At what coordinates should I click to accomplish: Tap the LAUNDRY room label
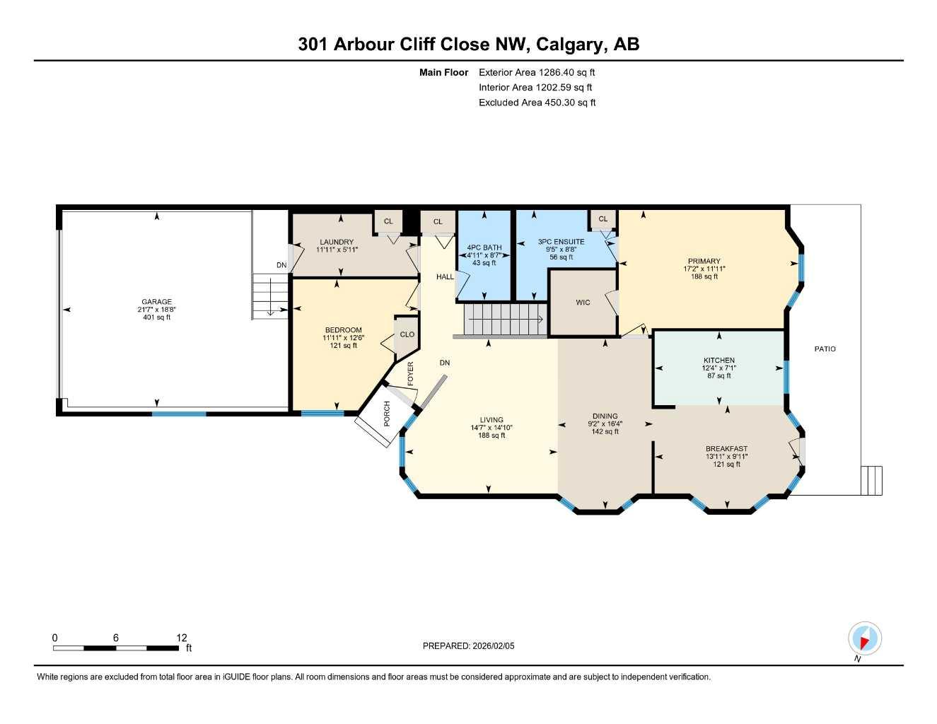coord(336,242)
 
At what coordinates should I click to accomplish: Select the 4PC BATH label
coord(484,247)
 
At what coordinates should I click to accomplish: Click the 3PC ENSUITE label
coord(561,242)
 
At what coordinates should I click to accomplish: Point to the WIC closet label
coord(583,303)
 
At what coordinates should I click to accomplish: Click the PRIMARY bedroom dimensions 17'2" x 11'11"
coord(704,269)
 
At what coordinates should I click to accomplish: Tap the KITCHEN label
coord(718,361)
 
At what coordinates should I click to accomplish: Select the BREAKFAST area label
coord(726,449)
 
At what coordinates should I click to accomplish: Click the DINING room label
coord(605,416)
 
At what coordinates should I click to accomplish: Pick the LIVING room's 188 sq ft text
coord(491,436)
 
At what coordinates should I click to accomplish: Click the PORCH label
coord(387,414)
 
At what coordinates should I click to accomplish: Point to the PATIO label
coord(825,349)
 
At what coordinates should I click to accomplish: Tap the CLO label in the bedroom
coord(407,334)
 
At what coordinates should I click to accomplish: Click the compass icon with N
coord(863,639)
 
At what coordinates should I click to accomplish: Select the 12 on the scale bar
coord(182,638)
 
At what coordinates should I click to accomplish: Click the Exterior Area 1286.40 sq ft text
coord(537,72)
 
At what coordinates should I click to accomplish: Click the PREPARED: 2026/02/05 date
coord(468,646)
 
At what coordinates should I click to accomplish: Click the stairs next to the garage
coord(270,298)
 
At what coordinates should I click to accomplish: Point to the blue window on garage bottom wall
coord(179,413)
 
